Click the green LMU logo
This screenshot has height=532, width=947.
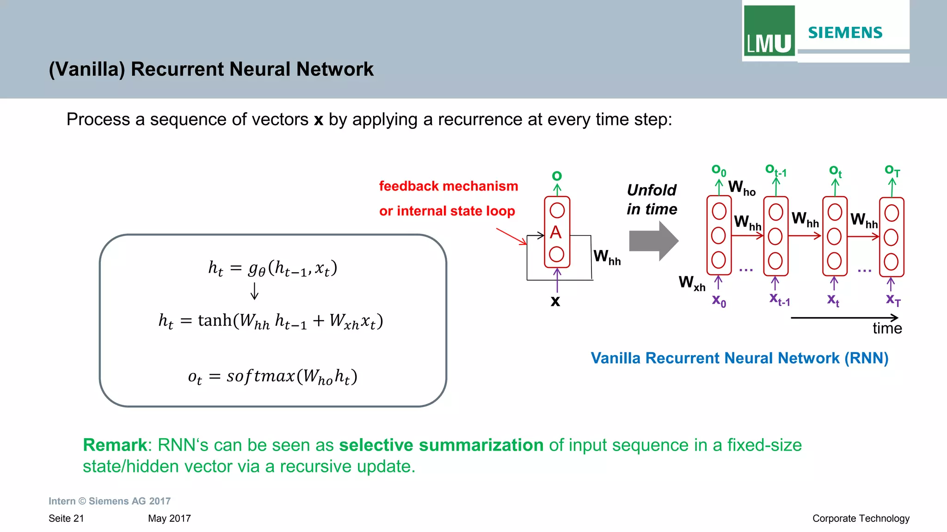(769, 31)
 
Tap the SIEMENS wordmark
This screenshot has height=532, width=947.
(845, 33)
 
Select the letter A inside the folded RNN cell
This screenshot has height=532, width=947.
(556, 232)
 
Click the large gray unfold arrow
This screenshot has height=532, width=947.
(653, 241)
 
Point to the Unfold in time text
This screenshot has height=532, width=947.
(652, 200)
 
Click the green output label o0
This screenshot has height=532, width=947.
(719, 171)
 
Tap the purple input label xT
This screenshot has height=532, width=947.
(893, 300)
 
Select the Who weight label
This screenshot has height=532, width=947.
(741, 188)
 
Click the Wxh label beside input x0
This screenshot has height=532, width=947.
(692, 282)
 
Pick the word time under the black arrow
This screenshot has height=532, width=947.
(887, 328)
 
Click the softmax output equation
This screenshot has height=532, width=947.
(272, 377)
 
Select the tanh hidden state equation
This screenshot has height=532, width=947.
(271, 321)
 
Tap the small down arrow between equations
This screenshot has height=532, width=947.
(254, 291)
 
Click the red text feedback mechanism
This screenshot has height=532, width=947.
(448, 186)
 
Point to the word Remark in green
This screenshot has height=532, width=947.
(115, 445)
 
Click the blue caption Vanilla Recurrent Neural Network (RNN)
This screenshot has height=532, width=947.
(739, 358)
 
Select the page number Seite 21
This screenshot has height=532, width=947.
(66, 519)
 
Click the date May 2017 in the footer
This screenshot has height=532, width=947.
(169, 519)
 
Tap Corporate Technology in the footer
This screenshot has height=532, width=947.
(861, 519)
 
